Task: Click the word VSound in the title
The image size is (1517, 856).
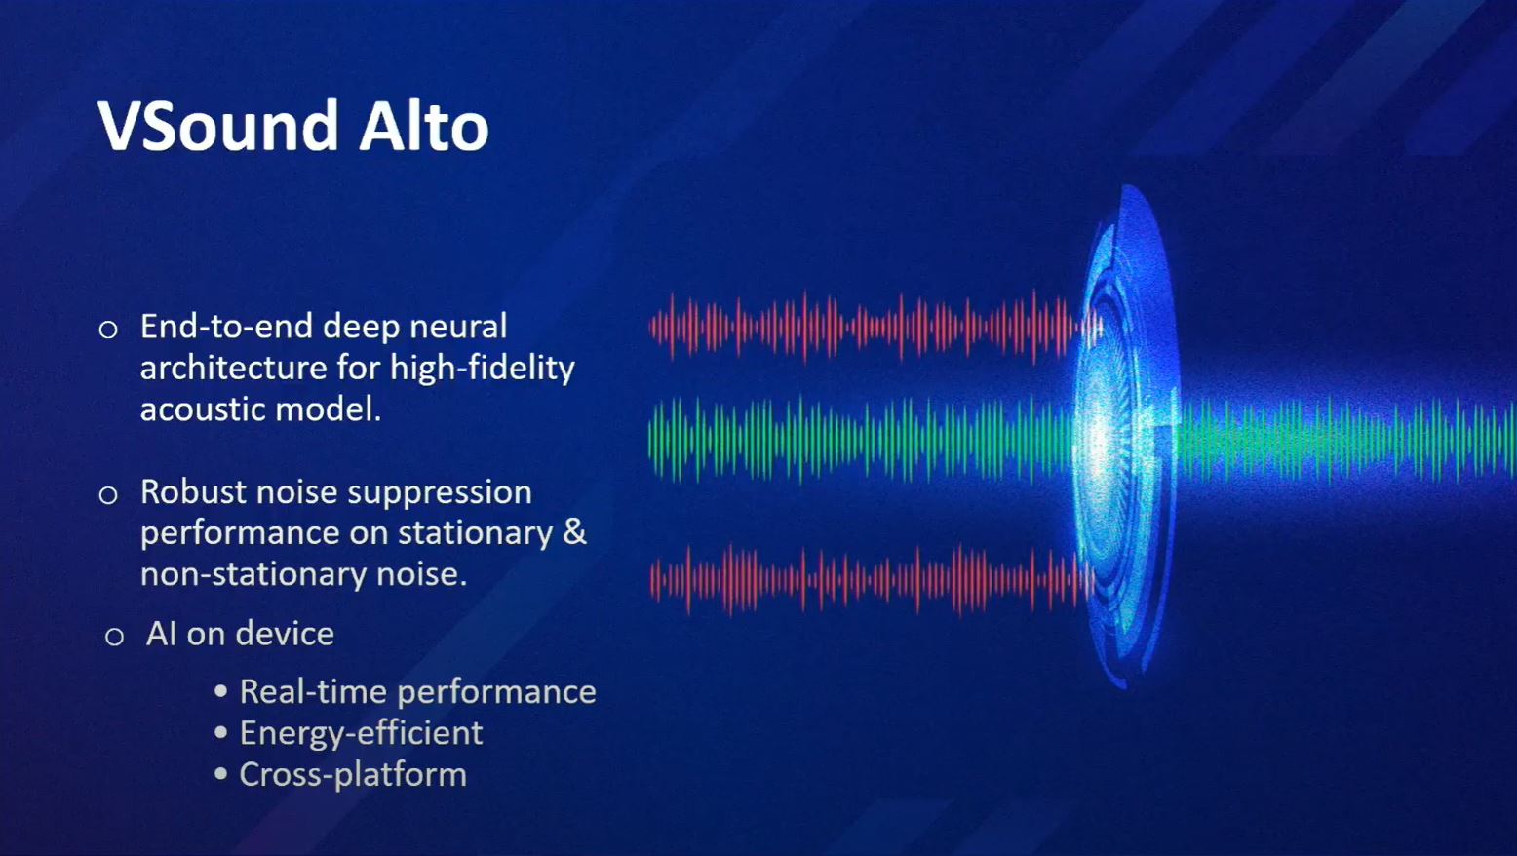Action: click(x=218, y=126)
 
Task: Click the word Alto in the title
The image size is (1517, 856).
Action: click(x=424, y=126)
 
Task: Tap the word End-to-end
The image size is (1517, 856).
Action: click(x=226, y=327)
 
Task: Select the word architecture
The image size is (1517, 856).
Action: click(x=234, y=368)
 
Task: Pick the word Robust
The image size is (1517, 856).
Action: click(x=194, y=491)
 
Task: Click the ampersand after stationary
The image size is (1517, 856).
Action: click(x=574, y=532)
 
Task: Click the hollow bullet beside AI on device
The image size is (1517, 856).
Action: click(x=114, y=637)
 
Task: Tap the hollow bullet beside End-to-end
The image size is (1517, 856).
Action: click(x=108, y=330)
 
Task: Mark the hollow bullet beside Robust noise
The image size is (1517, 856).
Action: click(x=108, y=495)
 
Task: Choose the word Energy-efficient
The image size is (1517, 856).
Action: click(x=362, y=734)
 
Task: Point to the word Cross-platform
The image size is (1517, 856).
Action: click(x=353, y=775)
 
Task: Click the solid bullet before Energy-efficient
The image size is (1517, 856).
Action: click(x=220, y=733)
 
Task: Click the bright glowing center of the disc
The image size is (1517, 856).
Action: click(x=1101, y=442)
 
